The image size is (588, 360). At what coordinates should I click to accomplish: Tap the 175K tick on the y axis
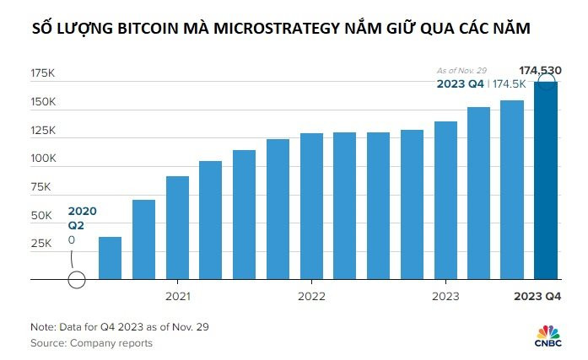tap(42, 74)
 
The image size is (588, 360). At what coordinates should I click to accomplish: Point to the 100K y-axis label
tap(42, 159)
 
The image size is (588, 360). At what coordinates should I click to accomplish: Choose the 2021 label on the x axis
tap(177, 296)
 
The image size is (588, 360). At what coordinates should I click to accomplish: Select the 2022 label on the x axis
tap(311, 296)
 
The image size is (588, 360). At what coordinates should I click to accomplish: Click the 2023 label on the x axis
tap(445, 296)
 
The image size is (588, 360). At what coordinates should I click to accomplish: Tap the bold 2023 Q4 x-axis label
tap(538, 296)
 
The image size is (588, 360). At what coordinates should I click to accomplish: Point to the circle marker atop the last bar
tap(546, 83)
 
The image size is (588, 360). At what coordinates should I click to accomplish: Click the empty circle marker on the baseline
tap(76, 279)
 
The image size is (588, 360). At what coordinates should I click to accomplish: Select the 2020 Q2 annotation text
tap(76, 218)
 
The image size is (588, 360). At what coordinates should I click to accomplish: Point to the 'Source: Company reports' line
tap(92, 343)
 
